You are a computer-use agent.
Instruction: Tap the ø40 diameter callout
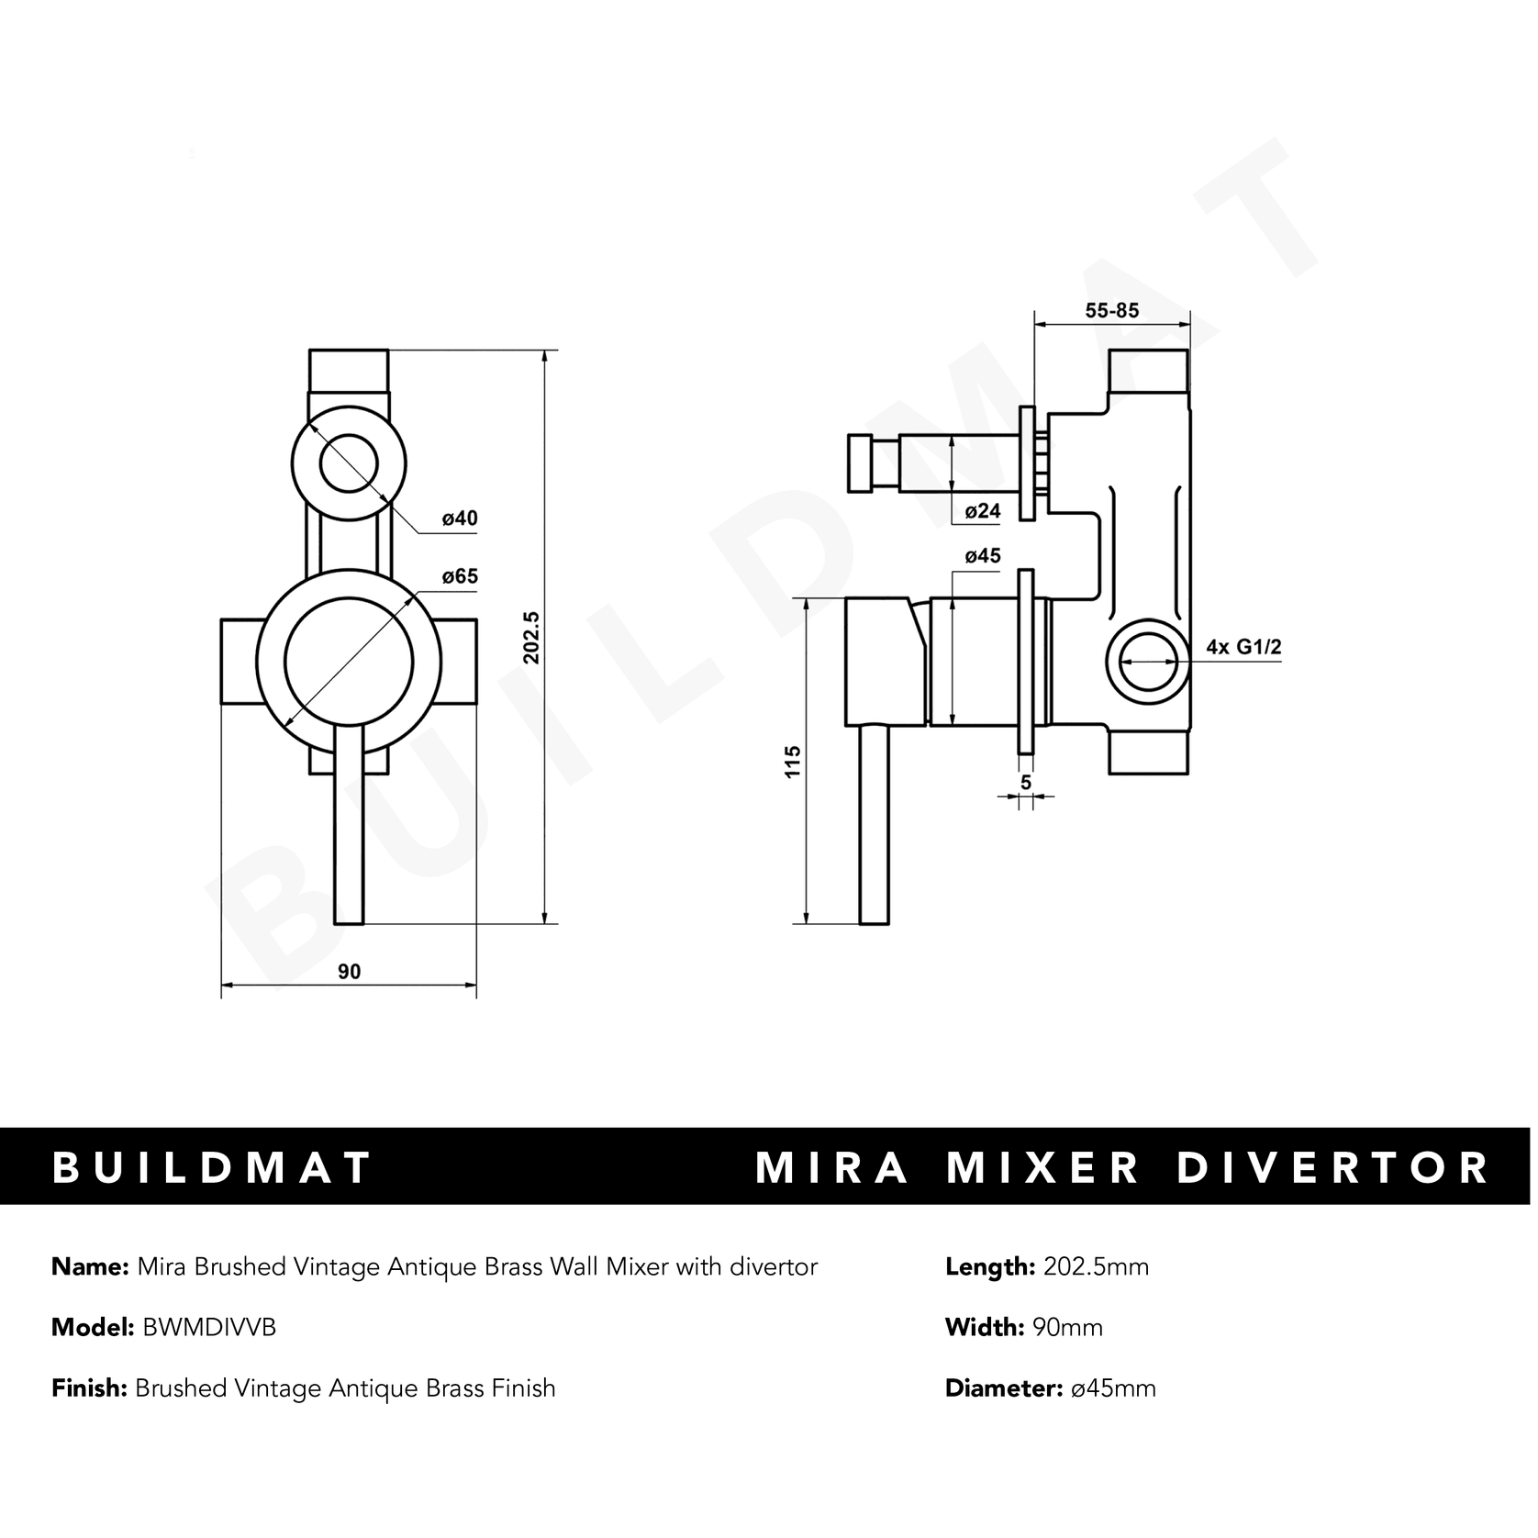click(460, 518)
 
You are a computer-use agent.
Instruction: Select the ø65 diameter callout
click(460, 577)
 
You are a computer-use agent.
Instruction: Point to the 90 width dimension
click(350, 972)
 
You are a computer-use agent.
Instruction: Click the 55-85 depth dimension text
click(1111, 310)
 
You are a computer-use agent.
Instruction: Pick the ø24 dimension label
click(983, 511)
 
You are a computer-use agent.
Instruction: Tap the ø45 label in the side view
click(983, 556)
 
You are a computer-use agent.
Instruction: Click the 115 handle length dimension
click(793, 762)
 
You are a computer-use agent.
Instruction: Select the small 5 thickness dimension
click(1026, 782)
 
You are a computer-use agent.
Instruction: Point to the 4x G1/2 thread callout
click(1243, 647)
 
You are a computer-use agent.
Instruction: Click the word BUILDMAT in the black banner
click(213, 1167)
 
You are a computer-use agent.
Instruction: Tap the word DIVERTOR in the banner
click(1332, 1167)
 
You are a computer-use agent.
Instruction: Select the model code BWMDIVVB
click(209, 1327)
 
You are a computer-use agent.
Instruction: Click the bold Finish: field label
click(89, 1388)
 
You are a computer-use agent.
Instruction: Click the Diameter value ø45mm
click(1113, 1388)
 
